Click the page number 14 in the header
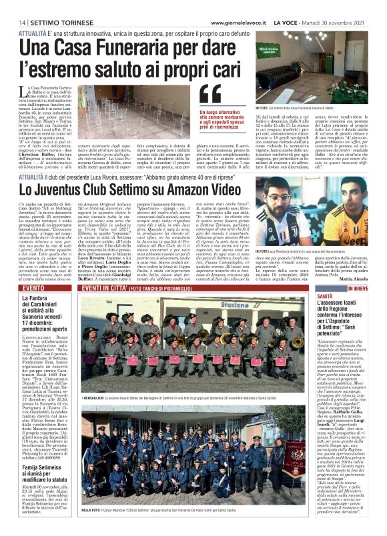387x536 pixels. pyautogui.click(x=12, y=22)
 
